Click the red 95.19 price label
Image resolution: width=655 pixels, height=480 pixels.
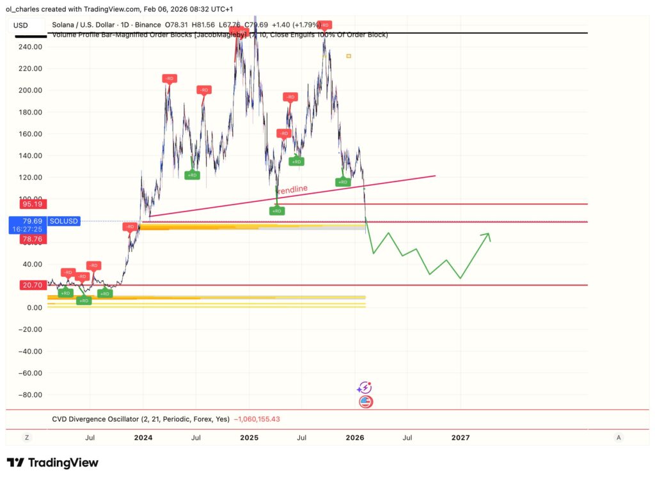click(x=26, y=205)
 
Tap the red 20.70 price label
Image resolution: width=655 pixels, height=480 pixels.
click(x=26, y=285)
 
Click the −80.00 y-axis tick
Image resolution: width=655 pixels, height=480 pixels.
click(x=29, y=394)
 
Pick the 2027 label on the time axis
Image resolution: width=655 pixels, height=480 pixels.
click(x=460, y=438)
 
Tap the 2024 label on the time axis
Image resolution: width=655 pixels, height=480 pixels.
click(x=143, y=438)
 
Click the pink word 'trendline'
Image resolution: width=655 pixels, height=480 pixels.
click(x=292, y=189)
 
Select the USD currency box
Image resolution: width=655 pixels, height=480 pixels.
click(x=21, y=26)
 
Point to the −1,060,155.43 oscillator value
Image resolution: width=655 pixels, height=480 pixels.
click(x=256, y=419)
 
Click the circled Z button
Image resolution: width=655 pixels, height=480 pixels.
click(x=27, y=438)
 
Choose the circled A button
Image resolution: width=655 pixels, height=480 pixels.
click(x=618, y=438)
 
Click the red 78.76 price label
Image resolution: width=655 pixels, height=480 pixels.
click(x=26, y=239)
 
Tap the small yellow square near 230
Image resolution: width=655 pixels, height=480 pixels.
click(x=349, y=56)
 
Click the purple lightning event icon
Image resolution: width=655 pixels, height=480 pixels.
click(x=365, y=387)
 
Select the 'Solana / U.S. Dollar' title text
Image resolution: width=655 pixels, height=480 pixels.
click(x=87, y=24)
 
